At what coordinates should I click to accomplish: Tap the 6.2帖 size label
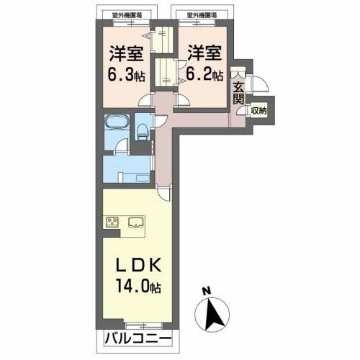(x=206, y=73)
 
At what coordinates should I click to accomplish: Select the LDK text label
(x=137, y=266)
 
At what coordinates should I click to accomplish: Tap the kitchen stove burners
(x=112, y=222)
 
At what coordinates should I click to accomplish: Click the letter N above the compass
(x=206, y=292)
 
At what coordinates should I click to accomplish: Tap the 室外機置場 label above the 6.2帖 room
(x=203, y=14)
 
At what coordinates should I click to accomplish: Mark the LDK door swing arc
(x=166, y=189)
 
